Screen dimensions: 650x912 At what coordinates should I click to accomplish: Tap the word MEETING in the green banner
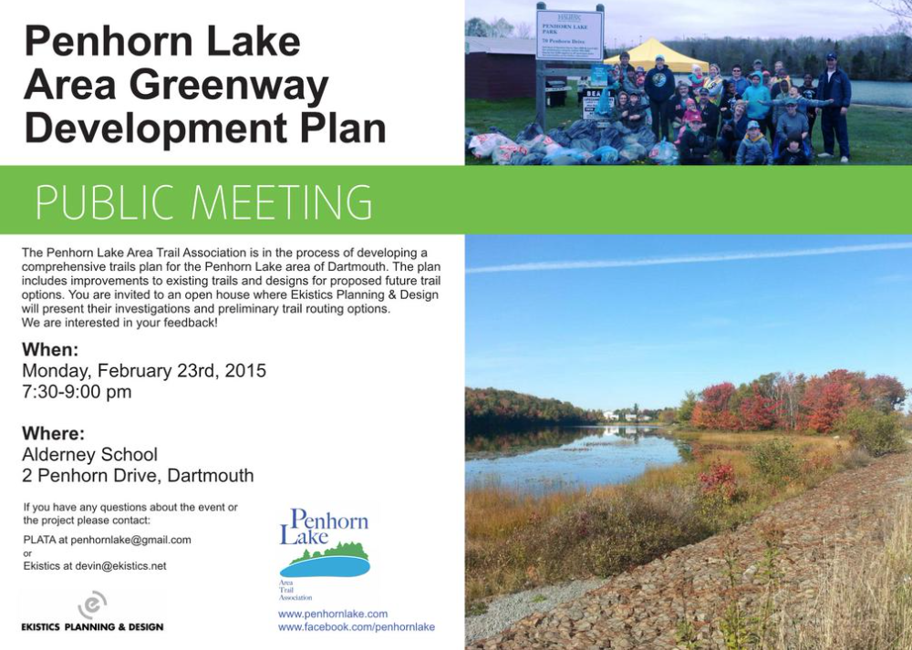click(x=284, y=201)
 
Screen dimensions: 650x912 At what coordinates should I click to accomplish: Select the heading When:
click(x=50, y=350)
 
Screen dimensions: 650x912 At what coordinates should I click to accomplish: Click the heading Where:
click(x=53, y=433)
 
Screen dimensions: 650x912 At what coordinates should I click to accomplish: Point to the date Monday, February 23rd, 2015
click(x=144, y=371)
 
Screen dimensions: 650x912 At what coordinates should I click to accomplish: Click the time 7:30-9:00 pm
click(x=77, y=392)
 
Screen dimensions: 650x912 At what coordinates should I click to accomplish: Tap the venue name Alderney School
click(x=89, y=454)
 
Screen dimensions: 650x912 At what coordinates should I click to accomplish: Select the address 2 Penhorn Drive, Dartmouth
click(x=138, y=476)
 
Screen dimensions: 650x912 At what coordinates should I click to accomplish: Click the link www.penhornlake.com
click(x=333, y=614)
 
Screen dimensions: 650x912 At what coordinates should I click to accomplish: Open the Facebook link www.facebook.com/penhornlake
click(x=357, y=627)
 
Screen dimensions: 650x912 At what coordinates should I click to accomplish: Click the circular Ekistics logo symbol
click(x=92, y=604)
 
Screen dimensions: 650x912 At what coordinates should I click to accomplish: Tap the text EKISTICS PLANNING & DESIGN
click(x=92, y=627)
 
